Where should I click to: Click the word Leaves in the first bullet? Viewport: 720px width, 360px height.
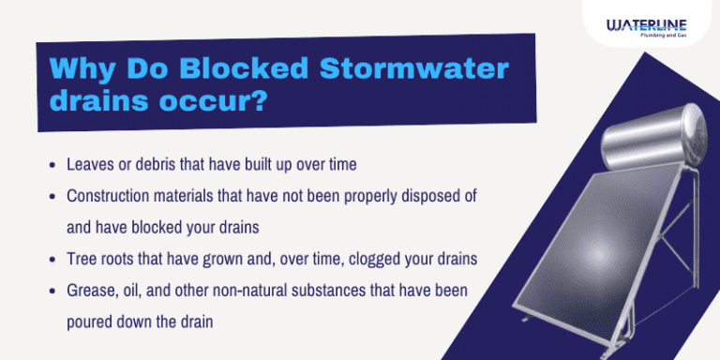pyautogui.click(x=88, y=164)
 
